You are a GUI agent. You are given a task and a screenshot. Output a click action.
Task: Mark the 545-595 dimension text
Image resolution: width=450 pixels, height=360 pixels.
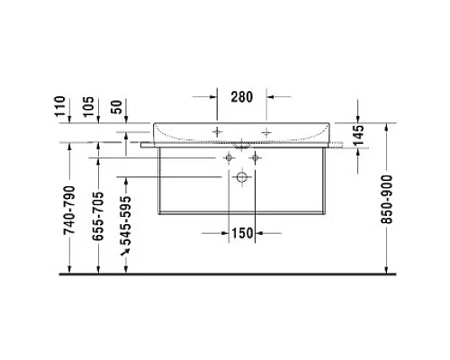[x=128, y=225]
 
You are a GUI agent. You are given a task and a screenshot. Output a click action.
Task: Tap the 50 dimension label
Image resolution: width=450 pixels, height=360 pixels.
[x=127, y=110]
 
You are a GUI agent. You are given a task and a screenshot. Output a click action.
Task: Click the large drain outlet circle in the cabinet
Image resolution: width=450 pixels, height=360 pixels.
[x=242, y=178]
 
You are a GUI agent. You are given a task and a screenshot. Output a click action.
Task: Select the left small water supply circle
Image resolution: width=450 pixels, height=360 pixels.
[x=229, y=157]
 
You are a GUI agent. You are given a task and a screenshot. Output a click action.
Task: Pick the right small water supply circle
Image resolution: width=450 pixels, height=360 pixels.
[x=256, y=157]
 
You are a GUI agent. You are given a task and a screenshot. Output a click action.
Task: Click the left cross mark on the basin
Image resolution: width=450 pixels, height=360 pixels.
[x=217, y=131]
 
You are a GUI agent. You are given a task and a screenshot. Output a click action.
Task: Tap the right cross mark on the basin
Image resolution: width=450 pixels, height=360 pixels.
[x=267, y=131]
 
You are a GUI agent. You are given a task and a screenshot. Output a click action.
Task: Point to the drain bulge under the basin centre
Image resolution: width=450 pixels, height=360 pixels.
[x=242, y=143]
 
